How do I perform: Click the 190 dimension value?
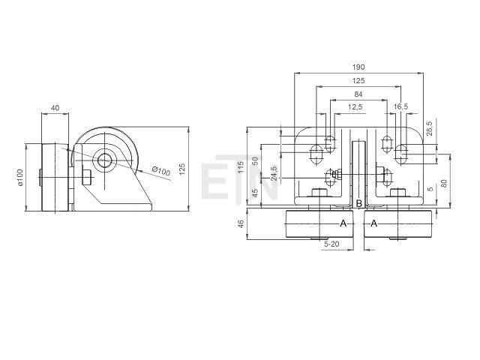tap(358, 67)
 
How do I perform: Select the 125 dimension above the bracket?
tap(358, 80)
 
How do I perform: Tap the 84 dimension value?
tap(358, 94)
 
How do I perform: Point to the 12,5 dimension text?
tap(355, 106)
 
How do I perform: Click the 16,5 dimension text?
tap(401, 106)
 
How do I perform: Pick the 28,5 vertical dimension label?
tap(429, 128)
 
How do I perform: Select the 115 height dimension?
tap(241, 167)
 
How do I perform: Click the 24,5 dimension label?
tap(274, 173)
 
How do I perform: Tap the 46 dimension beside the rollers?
tap(241, 223)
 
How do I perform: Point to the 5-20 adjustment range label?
tap(331, 244)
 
